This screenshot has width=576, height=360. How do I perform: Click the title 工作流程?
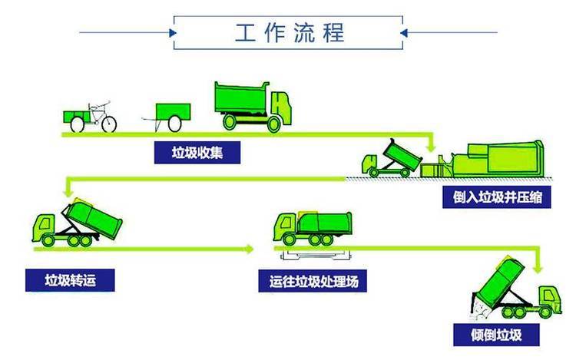tap(290, 32)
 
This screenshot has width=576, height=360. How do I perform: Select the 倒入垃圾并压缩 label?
tap(496, 197)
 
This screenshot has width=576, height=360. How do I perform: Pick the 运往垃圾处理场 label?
tap(313, 280)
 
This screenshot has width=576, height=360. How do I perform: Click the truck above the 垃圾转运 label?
tap(78, 223)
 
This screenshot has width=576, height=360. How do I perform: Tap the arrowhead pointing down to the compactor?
tap(431, 146)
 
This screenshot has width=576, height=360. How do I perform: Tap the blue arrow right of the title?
tap(409, 32)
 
